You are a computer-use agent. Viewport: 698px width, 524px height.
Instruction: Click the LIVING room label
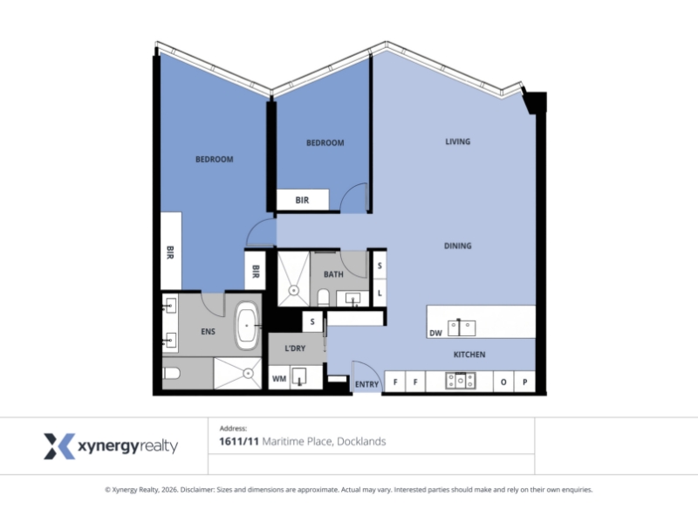click(x=457, y=141)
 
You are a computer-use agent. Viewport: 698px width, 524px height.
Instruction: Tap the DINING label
click(x=457, y=245)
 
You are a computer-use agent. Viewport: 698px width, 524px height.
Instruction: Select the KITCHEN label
click(x=469, y=355)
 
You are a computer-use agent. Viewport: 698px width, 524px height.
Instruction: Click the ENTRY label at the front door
click(x=366, y=384)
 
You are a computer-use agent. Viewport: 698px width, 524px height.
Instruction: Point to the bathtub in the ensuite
click(x=247, y=326)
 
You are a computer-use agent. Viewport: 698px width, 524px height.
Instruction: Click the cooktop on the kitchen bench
click(x=461, y=381)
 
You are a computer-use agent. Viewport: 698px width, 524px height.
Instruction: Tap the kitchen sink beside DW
click(x=462, y=327)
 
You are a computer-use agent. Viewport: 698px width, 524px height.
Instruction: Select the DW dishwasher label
click(x=435, y=333)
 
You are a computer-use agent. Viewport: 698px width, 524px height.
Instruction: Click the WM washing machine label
click(x=279, y=379)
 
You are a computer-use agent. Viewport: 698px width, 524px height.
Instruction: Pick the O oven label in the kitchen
click(x=503, y=382)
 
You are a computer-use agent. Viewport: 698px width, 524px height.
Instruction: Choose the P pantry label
click(x=525, y=382)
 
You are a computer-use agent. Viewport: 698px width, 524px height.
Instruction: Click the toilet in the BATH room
click(x=324, y=297)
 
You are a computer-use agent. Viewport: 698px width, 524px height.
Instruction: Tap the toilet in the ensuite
click(x=171, y=373)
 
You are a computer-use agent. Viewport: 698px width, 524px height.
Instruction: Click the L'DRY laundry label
click(x=295, y=348)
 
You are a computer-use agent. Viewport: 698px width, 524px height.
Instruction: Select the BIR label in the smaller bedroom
click(x=302, y=200)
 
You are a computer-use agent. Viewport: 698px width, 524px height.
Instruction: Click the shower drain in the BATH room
click(x=293, y=291)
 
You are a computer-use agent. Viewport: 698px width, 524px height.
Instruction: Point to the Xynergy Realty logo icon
click(x=59, y=445)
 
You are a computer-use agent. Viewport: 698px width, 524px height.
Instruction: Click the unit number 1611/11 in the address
click(x=239, y=441)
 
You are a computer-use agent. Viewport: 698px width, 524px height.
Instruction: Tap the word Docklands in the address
click(x=361, y=441)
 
